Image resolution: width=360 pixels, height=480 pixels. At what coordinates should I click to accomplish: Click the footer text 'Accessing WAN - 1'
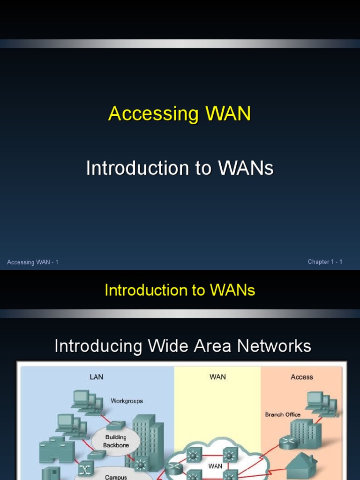(x=33, y=262)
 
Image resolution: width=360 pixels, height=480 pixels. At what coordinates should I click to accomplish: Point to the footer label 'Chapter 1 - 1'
(x=325, y=262)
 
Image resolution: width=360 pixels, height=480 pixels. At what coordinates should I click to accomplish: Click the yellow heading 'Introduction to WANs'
(x=180, y=290)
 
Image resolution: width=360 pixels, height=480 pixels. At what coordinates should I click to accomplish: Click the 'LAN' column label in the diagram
(x=96, y=377)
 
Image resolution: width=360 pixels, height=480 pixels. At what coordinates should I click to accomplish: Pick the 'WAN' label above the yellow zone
(x=217, y=377)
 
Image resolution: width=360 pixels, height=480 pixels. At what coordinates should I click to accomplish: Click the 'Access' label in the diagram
(x=302, y=377)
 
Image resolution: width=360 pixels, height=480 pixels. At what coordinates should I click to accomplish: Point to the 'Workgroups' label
(x=127, y=401)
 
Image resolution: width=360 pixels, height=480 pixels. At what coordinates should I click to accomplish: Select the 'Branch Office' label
(x=283, y=414)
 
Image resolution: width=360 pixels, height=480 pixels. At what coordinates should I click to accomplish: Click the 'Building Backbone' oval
(x=116, y=441)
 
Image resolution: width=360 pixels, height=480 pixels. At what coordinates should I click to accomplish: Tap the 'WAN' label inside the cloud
(x=215, y=466)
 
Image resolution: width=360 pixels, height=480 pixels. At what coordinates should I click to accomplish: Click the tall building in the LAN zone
(x=147, y=441)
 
